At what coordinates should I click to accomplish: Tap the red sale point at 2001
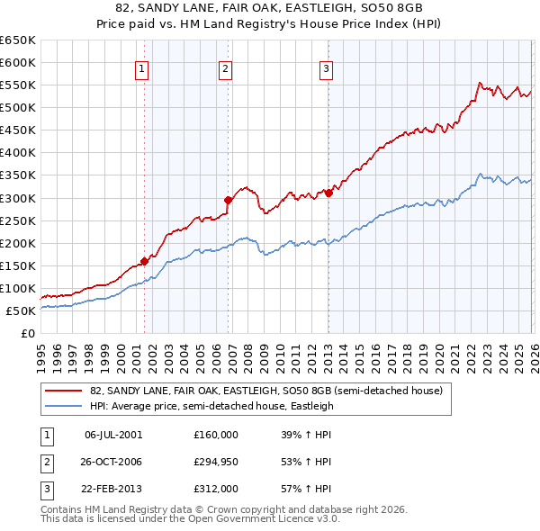(x=144, y=261)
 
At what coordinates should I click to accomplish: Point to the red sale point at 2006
(x=228, y=200)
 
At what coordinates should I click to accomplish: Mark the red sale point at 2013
(x=328, y=192)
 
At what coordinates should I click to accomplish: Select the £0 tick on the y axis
(x=28, y=333)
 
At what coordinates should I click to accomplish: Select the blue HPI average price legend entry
(x=211, y=406)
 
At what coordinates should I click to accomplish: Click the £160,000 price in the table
(x=216, y=434)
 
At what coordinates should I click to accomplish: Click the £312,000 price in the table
(x=216, y=490)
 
